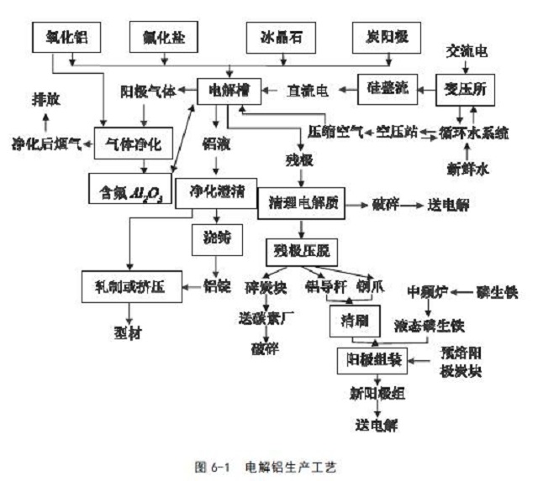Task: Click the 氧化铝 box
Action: (x=65, y=36)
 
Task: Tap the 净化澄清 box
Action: (x=218, y=191)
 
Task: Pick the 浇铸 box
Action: (x=217, y=238)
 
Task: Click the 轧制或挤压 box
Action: (x=132, y=287)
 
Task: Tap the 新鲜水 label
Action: (x=468, y=169)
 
